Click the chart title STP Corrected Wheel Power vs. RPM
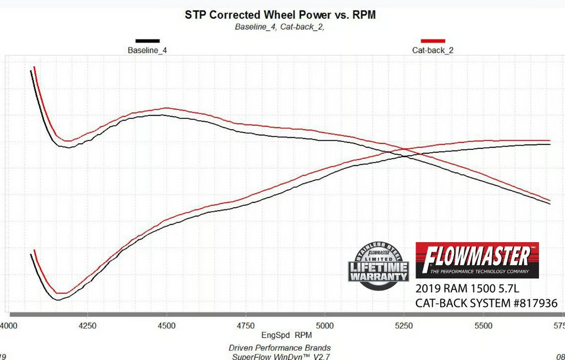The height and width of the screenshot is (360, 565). tap(280, 15)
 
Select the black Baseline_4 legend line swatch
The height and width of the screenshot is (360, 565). tap(147, 41)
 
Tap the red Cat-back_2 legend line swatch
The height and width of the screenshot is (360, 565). tap(433, 41)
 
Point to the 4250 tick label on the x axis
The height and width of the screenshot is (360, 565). tap(88, 325)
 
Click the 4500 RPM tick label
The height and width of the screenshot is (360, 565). tap(167, 325)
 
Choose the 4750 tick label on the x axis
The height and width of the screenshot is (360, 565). tap(246, 325)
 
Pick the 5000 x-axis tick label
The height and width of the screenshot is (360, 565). tap(325, 325)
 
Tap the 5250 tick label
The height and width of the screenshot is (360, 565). tap(404, 325)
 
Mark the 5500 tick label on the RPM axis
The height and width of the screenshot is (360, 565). tap(483, 325)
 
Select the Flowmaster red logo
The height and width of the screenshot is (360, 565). tap(477, 260)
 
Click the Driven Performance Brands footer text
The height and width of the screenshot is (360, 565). tap(280, 347)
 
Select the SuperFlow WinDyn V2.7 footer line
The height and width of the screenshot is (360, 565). tap(280, 356)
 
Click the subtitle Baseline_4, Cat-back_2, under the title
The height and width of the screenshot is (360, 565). tap(279, 26)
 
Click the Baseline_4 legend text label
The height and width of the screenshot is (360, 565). tap(147, 50)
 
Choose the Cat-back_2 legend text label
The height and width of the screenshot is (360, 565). tap(433, 50)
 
